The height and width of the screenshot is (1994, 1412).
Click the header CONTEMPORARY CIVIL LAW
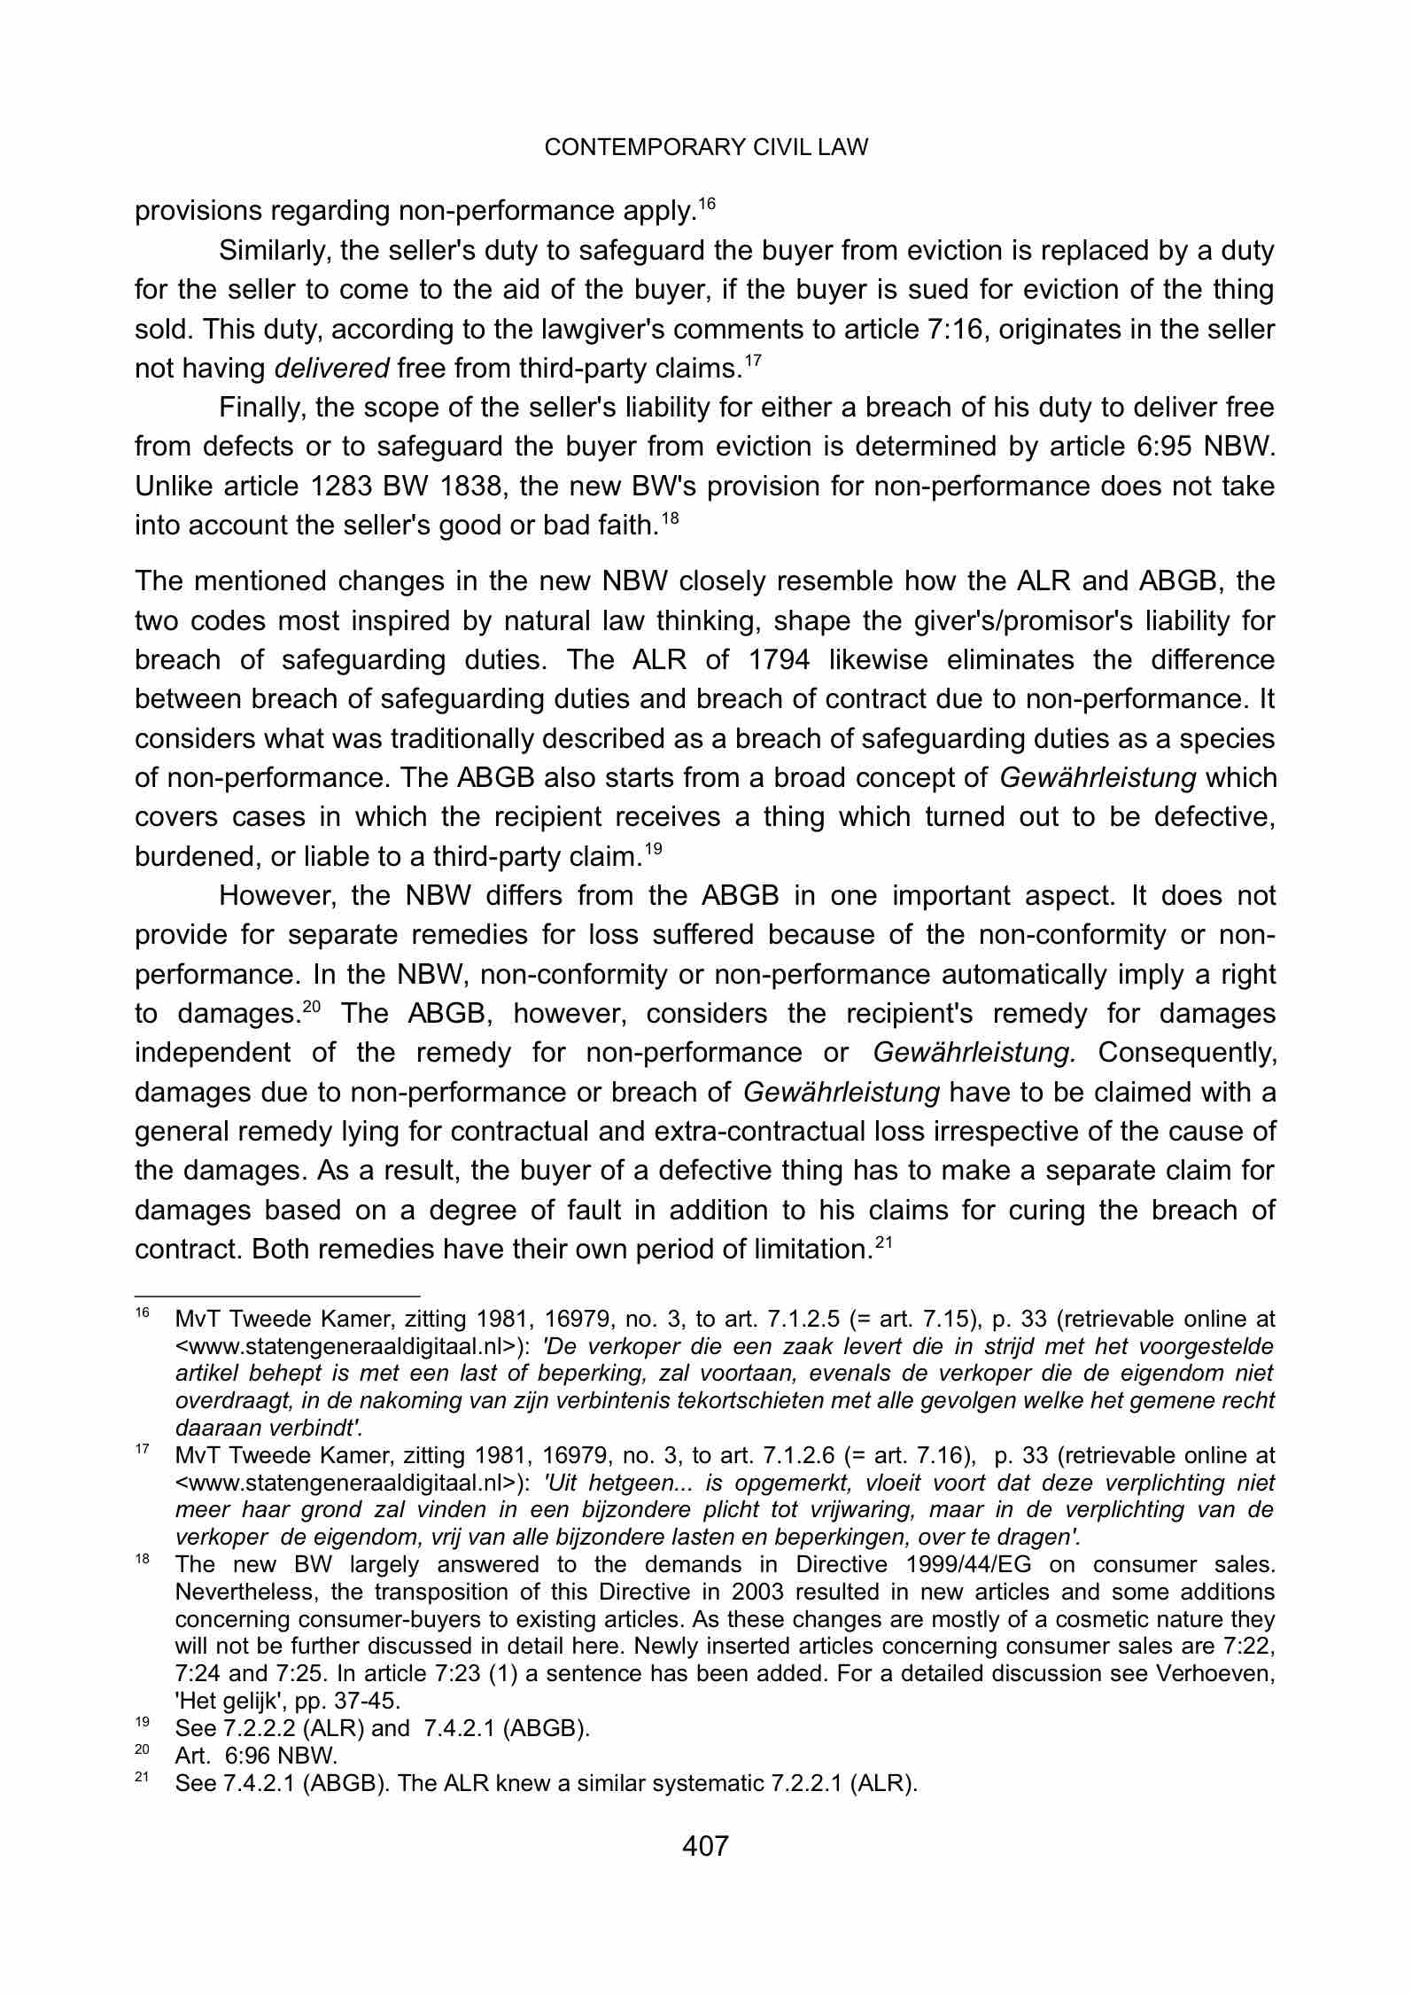[x=706, y=148]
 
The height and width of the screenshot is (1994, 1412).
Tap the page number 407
[x=705, y=1846]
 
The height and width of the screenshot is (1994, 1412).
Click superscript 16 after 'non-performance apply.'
[x=706, y=204]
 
